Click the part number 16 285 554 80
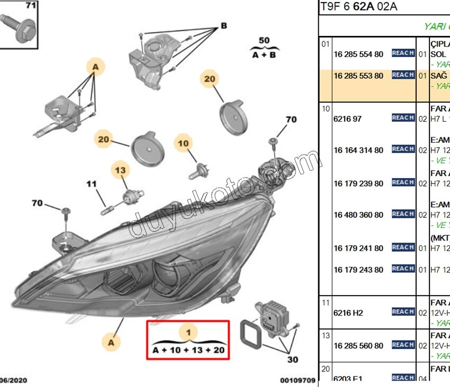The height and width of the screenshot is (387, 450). pos(358,54)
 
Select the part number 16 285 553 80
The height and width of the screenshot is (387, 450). pos(358,76)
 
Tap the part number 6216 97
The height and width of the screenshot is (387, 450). pos(348,119)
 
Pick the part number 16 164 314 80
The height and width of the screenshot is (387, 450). pos(358,151)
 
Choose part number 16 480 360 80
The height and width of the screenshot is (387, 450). pos(358,215)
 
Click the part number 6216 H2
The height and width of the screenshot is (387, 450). pos(348,313)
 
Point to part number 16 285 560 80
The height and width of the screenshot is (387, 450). pos(358,346)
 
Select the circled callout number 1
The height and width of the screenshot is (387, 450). pos(188,333)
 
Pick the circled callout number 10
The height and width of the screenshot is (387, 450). pos(183,143)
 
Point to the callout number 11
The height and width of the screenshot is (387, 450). pos(92,184)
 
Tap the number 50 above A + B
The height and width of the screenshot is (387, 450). pos(264,40)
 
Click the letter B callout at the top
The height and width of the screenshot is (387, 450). pos(223,25)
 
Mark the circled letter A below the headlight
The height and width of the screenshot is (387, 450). pos(111,342)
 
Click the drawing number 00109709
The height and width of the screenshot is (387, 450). pos(298,380)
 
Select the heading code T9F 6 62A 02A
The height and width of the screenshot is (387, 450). pos(359,7)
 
